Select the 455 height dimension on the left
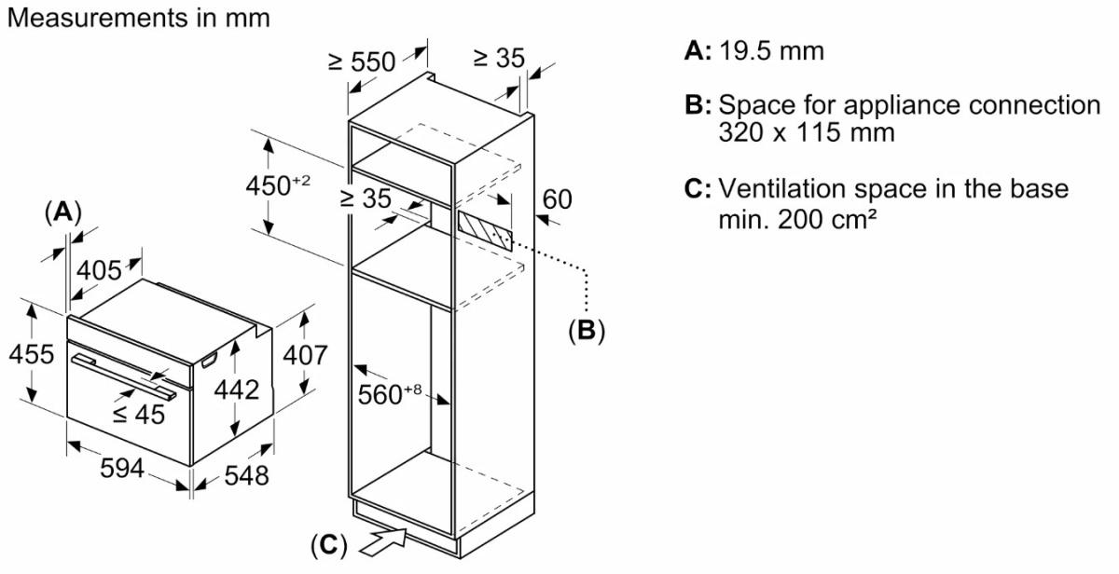tap(29, 355)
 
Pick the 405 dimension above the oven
tap(99, 270)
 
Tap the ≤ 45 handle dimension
tap(139, 414)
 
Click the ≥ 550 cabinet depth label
tap(362, 61)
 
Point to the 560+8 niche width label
tap(391, 394)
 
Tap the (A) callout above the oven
tap(62, 212)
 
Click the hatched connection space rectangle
tap(484, 225)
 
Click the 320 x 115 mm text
tap(807, 132)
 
